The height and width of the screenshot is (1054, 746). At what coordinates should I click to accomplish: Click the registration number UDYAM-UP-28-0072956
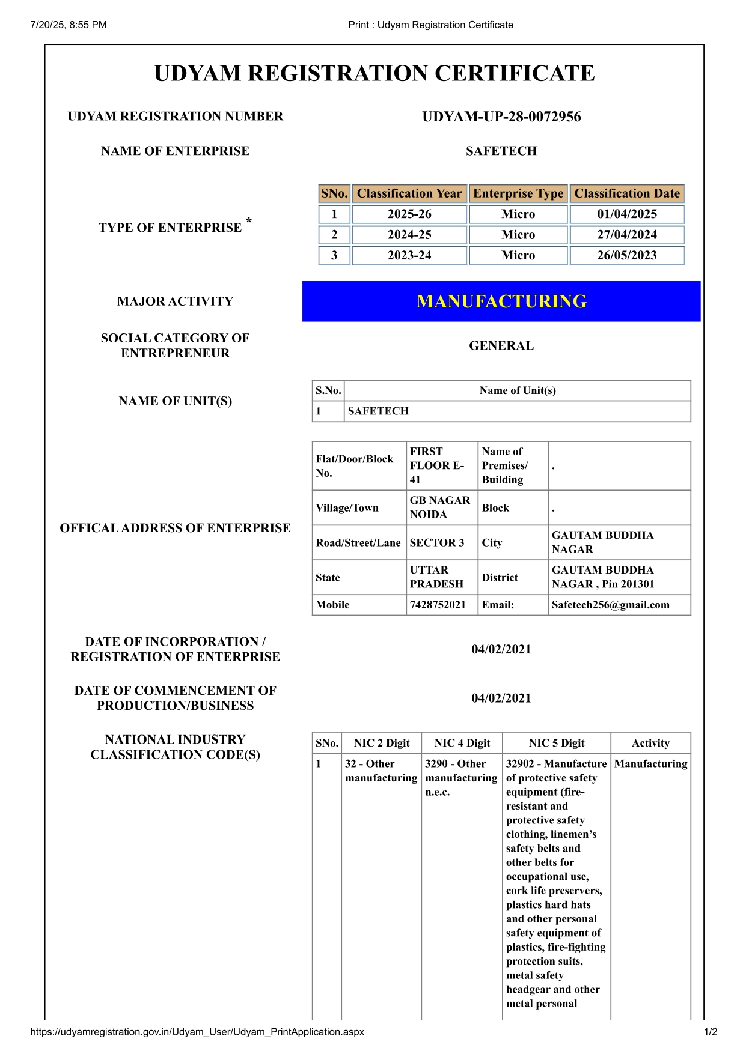pos(501,117)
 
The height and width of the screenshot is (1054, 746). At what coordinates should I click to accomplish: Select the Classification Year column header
pos(409,193)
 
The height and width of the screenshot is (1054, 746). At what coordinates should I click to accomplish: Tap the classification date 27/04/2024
pos(626,235)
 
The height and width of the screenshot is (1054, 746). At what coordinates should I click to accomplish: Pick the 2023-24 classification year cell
pos(409,255)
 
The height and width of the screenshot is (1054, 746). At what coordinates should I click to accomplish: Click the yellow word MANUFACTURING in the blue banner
pos(501,301)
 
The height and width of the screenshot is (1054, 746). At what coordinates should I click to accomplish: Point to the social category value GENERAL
pos(501,345)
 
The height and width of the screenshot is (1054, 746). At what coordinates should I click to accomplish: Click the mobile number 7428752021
pos(438,605)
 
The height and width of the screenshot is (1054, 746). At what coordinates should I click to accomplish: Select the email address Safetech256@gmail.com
pos(610,605)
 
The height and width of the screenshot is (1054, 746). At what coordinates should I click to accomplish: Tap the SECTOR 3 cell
pos(437,542)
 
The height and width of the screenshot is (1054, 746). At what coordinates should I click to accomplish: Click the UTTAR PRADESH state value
pos(436,577)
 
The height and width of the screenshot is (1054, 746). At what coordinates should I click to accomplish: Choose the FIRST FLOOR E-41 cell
pos(437,465)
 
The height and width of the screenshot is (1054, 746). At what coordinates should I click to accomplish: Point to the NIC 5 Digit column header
pos(557,743)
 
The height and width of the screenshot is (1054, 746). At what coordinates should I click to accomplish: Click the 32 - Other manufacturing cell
pos(381,771)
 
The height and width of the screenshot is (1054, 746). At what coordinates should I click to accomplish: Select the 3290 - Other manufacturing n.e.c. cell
pos(461,778)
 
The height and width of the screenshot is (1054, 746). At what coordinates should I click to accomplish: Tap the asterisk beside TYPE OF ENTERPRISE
pos(249,222)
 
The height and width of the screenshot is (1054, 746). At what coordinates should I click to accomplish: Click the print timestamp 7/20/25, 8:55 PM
pos(69,25)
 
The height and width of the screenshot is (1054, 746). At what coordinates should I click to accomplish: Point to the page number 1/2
pos(711,1032)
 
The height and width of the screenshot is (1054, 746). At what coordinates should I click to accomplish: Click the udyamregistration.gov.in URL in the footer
pos(197,1032)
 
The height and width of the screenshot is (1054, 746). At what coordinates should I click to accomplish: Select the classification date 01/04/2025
pos(626,214)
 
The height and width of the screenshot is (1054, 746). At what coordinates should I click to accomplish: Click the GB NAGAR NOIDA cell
pos(440,507)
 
